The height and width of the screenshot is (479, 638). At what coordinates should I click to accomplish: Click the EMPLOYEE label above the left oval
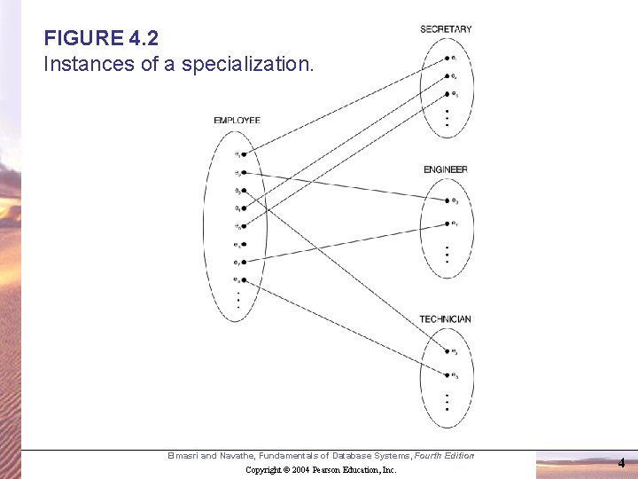(x=237, y=121)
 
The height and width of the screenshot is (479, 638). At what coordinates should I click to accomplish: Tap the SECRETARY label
(x=446, y=29)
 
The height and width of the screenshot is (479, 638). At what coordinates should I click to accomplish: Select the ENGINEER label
(x=446, y=169)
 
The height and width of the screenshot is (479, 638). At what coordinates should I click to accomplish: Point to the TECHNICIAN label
(x=446, y=319)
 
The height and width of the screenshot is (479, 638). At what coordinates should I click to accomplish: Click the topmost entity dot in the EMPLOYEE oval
(x=243, y=154)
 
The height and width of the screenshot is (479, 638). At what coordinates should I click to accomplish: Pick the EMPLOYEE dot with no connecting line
(x=243, y=244)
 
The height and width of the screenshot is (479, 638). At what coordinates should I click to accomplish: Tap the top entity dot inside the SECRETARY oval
(x=447, y=59)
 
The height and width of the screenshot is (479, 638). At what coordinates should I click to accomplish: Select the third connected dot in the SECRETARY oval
(x=447, y=94)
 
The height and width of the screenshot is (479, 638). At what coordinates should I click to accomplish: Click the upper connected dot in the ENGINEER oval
(x=447, y=202)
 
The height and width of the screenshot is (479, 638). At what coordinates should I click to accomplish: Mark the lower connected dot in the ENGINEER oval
(x=447, y=223)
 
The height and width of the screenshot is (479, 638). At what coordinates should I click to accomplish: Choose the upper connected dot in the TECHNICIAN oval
(x=447, y=352)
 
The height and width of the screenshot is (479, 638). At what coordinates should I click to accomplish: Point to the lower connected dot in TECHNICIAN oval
(x=447, y=375)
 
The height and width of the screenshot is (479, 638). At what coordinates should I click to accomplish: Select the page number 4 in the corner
(x=621, y=462)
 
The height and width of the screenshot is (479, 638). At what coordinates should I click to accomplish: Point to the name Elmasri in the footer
(x=183, y=456)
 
